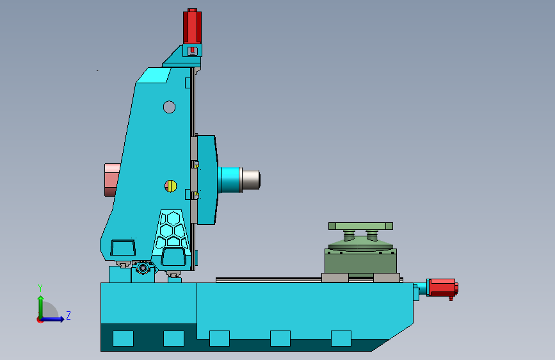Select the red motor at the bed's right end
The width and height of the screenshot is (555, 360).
441,288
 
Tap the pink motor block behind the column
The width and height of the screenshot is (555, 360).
112,179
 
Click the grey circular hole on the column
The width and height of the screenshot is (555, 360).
169,107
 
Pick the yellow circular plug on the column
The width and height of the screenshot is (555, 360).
170,186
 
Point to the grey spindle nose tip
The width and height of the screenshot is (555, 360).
251,179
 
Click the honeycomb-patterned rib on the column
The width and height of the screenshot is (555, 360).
171,229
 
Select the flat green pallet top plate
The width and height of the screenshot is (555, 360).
360,225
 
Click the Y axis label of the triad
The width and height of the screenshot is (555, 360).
40,288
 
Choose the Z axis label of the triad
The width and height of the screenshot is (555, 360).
68,316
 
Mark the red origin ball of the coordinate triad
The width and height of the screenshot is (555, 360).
40,319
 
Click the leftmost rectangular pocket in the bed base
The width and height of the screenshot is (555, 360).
123,338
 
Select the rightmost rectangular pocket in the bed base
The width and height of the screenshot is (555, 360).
341,338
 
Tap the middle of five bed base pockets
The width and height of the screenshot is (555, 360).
219,338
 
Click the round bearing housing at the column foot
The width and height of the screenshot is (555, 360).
142,268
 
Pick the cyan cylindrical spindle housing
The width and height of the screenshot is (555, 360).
229,179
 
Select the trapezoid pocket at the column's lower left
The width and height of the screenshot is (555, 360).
122,248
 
